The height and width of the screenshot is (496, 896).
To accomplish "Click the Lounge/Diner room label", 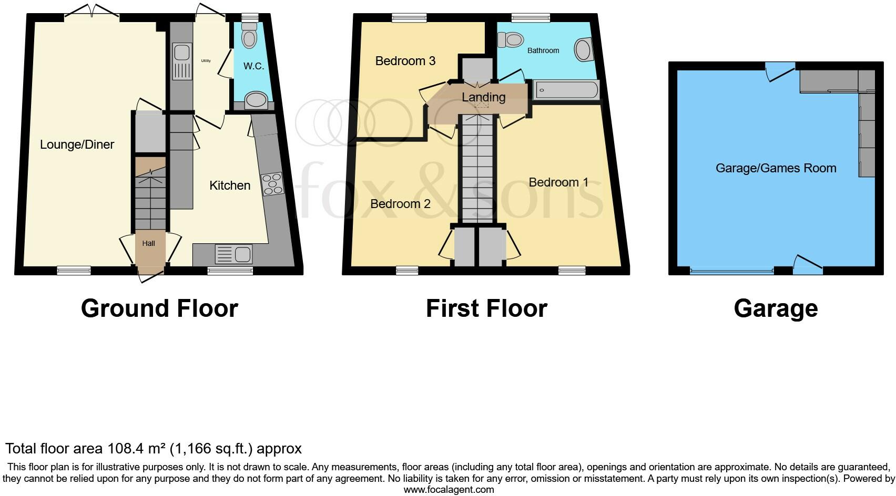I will (x=77, y=144).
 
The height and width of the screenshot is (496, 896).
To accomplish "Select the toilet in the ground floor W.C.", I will (x=249, y=36).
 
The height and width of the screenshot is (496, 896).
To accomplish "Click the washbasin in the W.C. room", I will (x=256, y=99).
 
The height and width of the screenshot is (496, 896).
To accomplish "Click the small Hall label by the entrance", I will (x=148, y=243).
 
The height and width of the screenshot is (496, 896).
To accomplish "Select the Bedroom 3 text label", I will (x=405, y=61).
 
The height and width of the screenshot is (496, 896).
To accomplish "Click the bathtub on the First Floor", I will (x=566, y=90).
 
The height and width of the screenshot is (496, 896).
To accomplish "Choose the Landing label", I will (x=483, y=97).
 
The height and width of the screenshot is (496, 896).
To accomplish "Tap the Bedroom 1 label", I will (x=558, y=182).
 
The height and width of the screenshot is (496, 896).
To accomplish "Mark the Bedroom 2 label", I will (x=400, y=204).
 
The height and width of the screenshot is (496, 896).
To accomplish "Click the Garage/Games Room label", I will (x=776, y=168).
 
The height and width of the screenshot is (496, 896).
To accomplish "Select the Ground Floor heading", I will (x=159, y=308).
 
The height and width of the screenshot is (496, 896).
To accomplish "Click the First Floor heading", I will (x=486, y=308).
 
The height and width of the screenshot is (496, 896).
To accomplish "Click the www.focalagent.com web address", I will (x=449, y=490).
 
